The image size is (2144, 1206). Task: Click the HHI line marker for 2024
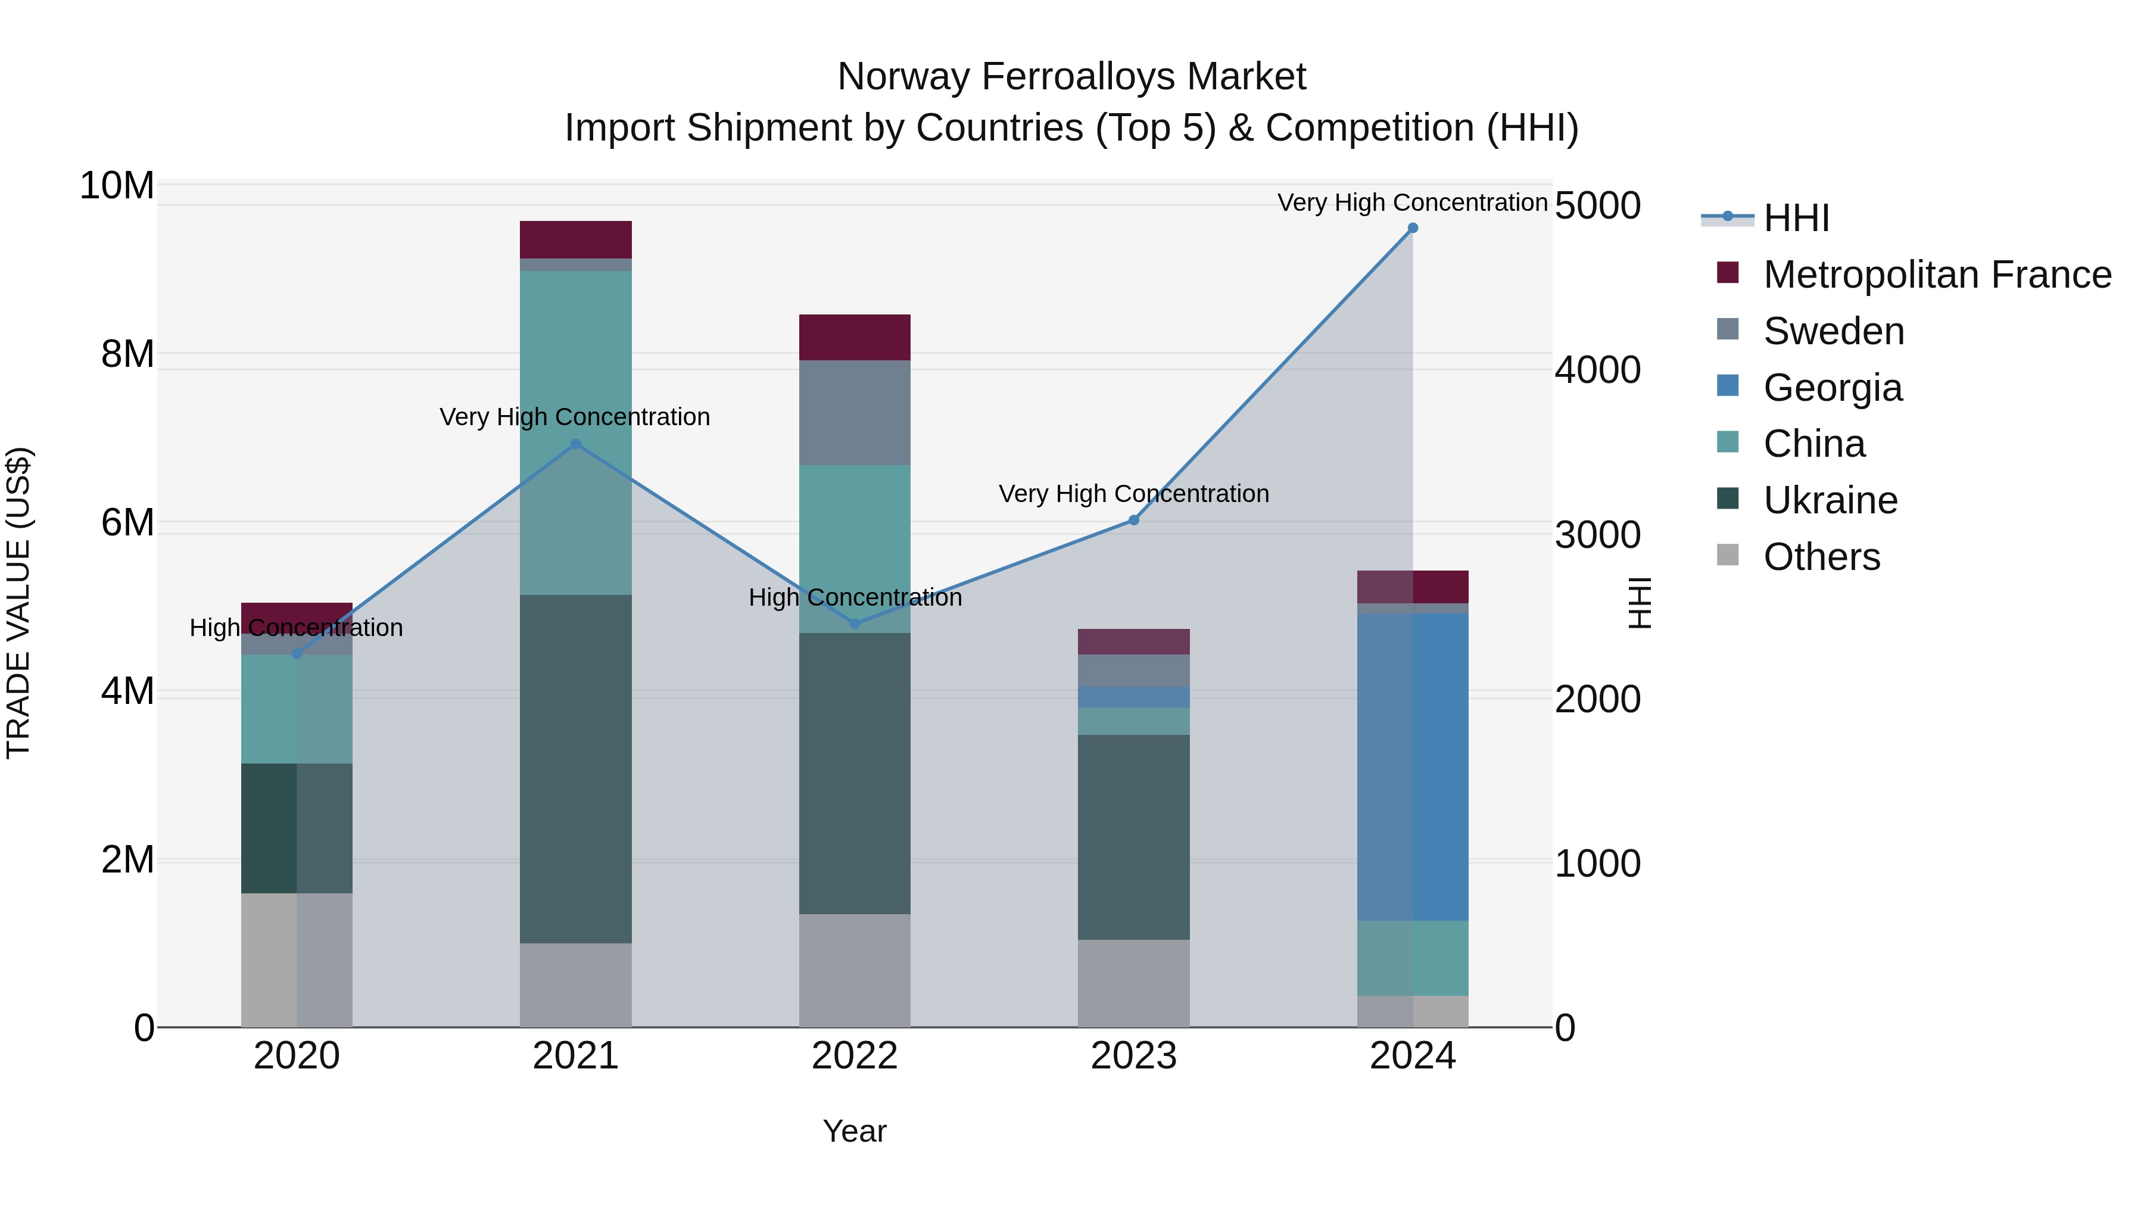[1413, 228]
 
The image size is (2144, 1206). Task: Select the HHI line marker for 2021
[575, 444]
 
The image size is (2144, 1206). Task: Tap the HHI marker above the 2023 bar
[1133, 520]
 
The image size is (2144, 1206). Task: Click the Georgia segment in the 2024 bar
[1413, 766]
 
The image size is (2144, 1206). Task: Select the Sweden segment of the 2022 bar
[855, 413]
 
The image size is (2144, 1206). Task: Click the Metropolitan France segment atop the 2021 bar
[575, 239]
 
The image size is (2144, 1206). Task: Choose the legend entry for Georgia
[1832, 388]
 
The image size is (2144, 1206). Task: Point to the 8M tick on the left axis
[126, 354]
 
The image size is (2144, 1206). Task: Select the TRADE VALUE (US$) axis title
[18, 603]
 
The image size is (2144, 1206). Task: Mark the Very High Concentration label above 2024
[1413, 202]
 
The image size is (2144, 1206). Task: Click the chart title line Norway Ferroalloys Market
[1071, 77]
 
